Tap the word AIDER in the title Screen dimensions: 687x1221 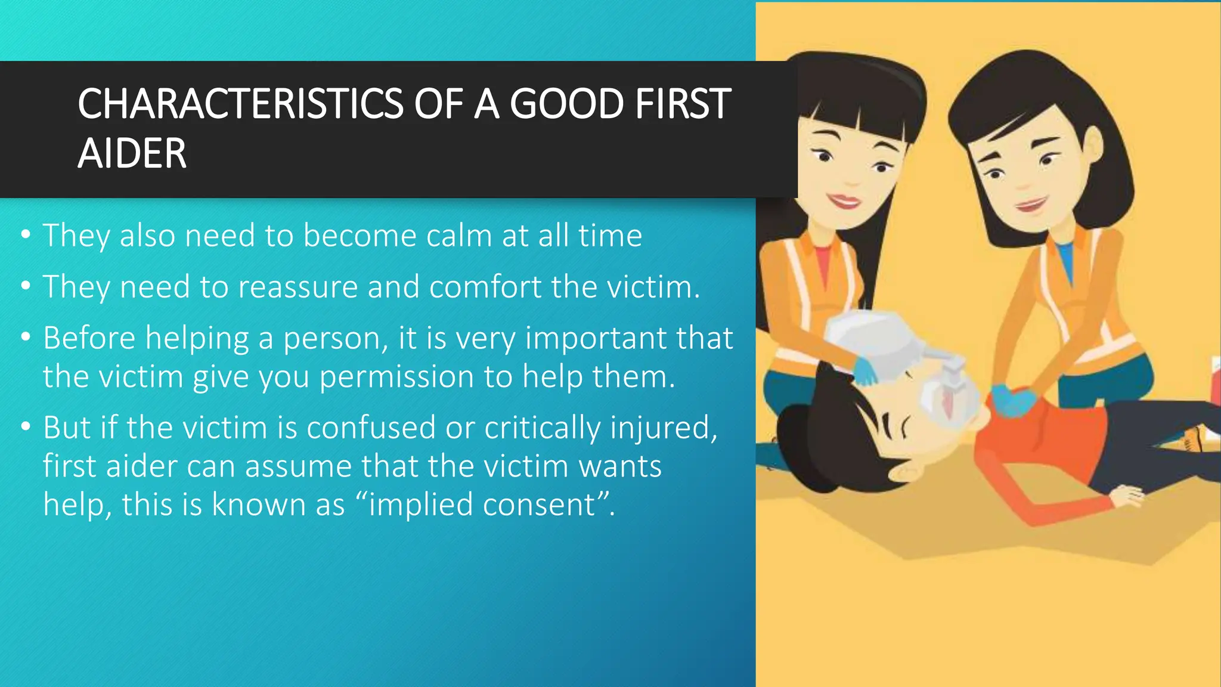coord(132,154)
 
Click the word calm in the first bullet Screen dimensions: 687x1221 coord(459,236)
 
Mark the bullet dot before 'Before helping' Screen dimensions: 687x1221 coord(25,338)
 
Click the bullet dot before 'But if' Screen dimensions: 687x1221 coord(25,427)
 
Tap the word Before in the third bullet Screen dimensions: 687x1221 coord(89,338)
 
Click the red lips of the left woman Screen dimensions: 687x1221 coord(844,201)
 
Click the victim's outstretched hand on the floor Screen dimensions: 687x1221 coord(1127,495)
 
